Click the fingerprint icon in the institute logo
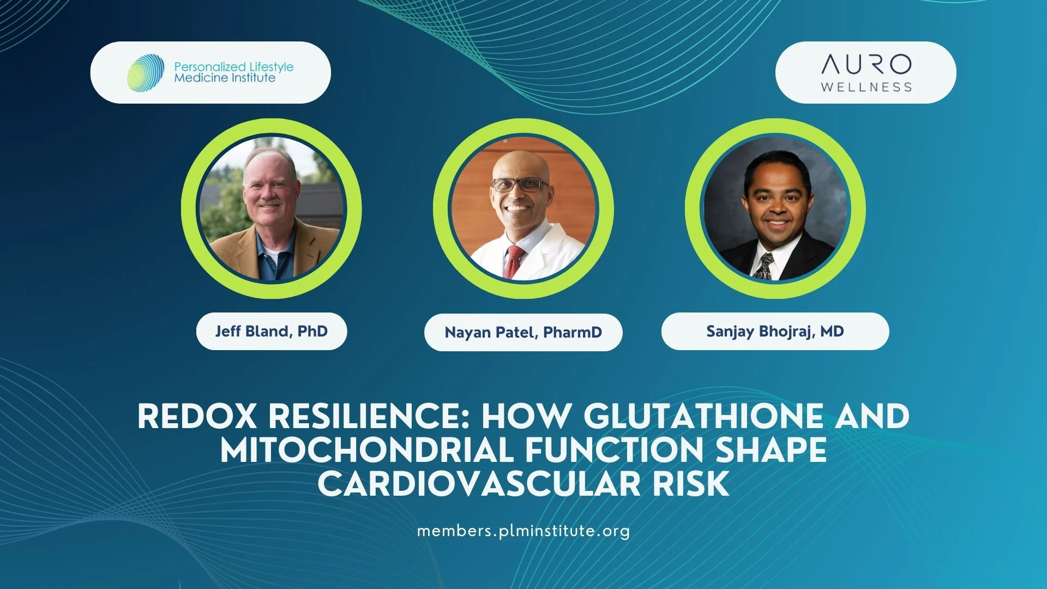tap(146, 71)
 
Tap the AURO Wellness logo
tap(866, 73)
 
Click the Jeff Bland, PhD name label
tap(272, 331)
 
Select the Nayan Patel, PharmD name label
tap(523, 332)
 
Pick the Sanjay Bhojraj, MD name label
tap(775, 331)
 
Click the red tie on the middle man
tap(514, 262)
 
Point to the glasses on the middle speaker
tap(520, 185)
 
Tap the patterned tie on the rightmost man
tap(765, 267)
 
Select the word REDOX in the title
tap(197, 417)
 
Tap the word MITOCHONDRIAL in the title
tap(367, 450)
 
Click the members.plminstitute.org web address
tap(523, 531)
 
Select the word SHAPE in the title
tap(771, 450)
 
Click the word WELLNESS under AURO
tap(866, 87)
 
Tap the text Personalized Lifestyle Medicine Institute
tap(233, 72)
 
